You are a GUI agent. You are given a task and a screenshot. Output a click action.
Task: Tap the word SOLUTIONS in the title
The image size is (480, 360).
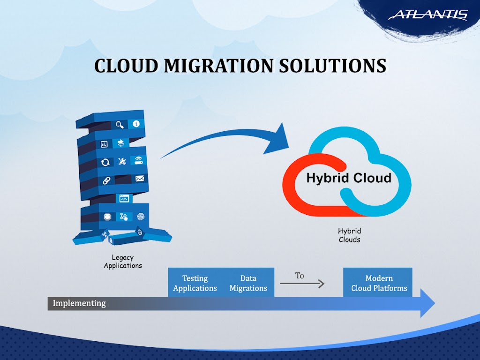[333, 66]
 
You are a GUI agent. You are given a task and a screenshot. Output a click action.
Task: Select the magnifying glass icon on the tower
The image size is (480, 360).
[120, 124]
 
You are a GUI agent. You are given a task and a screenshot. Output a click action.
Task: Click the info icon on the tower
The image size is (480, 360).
[136, 124]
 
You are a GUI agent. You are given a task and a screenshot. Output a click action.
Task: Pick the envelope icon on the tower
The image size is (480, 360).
[139, 179]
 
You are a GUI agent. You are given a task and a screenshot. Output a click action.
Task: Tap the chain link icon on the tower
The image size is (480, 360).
[107, 180]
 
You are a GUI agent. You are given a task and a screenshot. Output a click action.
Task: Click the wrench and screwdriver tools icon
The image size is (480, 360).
[122, 162]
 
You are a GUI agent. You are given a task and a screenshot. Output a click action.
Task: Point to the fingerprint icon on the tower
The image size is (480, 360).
[140, 217]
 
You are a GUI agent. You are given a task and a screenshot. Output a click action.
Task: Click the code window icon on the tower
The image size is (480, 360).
[124, 199]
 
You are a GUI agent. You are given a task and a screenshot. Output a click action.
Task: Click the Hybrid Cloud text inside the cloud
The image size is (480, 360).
[348, 178]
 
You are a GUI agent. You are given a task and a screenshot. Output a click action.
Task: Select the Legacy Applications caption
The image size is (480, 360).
[123, 262]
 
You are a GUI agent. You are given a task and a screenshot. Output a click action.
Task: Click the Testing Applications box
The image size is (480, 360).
[195, 283]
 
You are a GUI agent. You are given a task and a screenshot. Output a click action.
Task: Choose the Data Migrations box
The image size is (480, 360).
[248, 283]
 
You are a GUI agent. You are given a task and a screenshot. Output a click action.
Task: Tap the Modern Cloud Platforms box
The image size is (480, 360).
[379, 283]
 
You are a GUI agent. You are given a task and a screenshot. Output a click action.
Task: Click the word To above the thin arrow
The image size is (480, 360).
[300, 276]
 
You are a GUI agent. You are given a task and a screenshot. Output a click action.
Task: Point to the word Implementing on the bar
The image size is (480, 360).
[79, 303]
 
